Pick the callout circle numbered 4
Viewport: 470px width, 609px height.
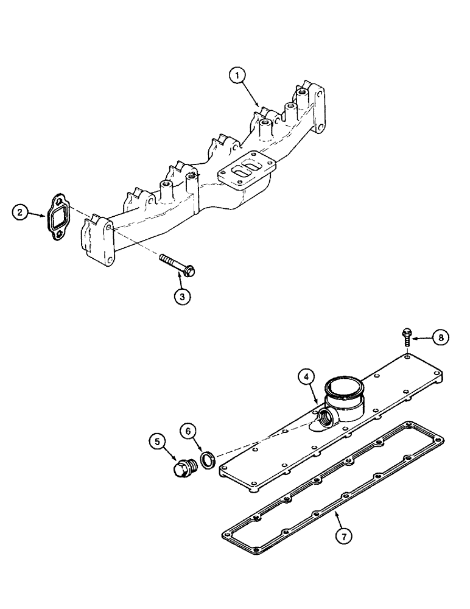[x=307, y=377]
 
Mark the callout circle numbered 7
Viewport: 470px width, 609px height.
[x=345, y=535]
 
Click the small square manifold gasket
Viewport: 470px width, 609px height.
[x=58, y=215]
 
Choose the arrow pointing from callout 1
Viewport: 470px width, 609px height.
[x=253, y=94]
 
